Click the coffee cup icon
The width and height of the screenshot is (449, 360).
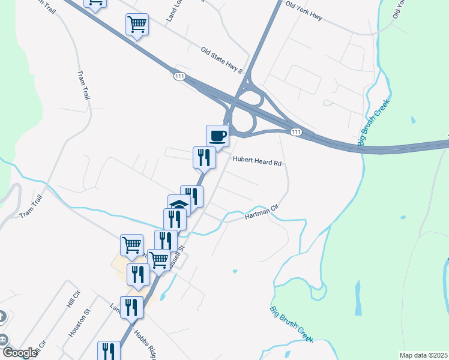(217, 135)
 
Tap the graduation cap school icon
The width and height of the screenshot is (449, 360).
(179, 205)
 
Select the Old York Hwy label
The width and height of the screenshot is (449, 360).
(304, 11)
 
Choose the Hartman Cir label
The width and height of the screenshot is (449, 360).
(262, 213)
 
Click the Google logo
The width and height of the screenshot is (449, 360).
(20, 353)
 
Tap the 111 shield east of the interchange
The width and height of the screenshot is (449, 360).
(295, 132)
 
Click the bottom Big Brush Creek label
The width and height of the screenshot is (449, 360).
(291, 325)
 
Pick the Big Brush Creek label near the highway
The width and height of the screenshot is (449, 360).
(374, 122)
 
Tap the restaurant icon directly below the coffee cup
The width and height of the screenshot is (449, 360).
(203, 157)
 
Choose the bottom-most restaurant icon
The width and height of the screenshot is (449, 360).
(109, 351)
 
